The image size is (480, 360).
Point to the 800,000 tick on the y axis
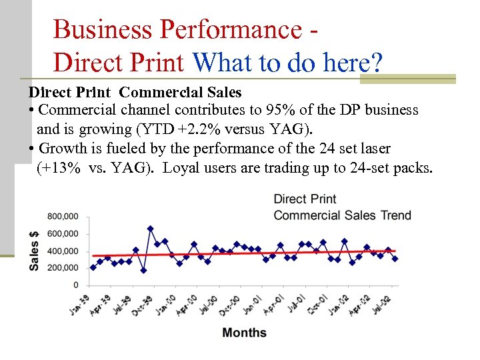(x=63, y=216)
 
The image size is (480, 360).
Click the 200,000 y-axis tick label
(x=63, y=268)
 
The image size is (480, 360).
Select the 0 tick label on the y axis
(x=76, y=285)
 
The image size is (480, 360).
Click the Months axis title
(x=244, y=333)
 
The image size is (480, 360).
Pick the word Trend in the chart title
(x=395, y=215)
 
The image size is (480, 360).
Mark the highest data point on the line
(x=151, y=229)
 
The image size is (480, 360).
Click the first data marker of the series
(x=93, y=267)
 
